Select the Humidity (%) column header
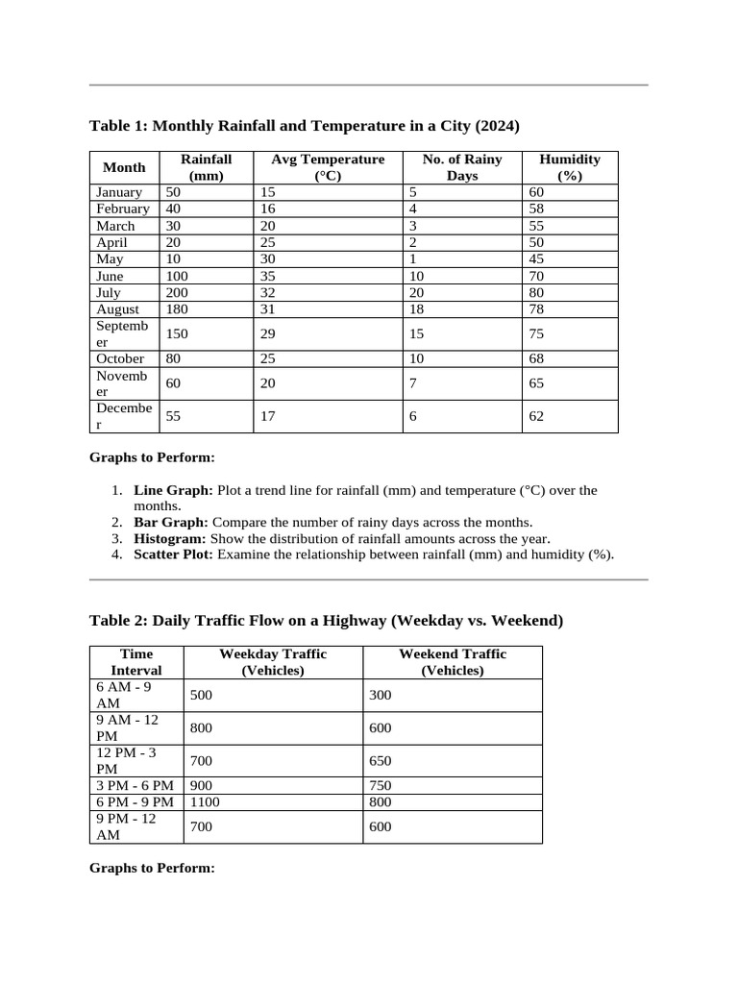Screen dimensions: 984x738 pyautogui.click(x=569, y=167)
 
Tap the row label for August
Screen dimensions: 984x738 pyautogui.click(x=117, y=309)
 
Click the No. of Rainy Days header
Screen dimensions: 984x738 pyautogui.click(x=461, y=167)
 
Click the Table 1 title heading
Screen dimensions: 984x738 pyautogui.click(x=304, y=126)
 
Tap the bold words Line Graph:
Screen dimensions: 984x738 pyautogui.click(x=173, y=490)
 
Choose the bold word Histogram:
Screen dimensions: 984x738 pyautogui.click(x=170, y=538)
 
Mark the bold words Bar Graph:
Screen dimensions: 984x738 pyautogui.click(x=171, y=522)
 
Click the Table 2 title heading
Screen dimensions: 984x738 pyautogui.click(x=326, y=621)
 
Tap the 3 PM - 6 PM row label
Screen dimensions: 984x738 pyautogui.click(x=135, y=785)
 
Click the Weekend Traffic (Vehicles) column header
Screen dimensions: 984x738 pyautogui.click(x=452, y=662)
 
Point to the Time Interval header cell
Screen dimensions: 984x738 pyautogui.click(x=135, y=662)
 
